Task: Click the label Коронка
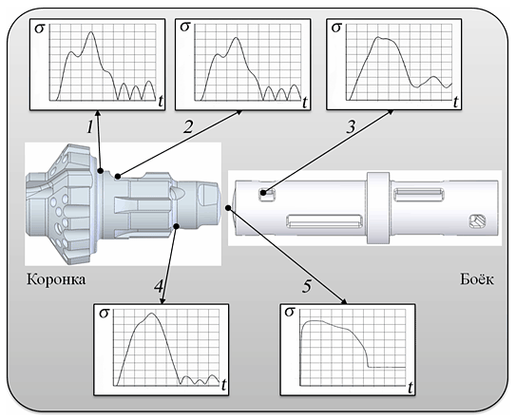pyautogui.click(x=56, y=279)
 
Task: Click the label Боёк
pyautogui.click(x=477, y=279)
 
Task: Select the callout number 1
pyautogui.click(x=90, y=126)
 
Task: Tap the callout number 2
pyautogui.click(x=188, y=126)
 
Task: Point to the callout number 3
pyautogui.click(x=352, y=126)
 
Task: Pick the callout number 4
pyautogui.click(x=159, y=286)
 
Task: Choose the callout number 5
pyautogui.click(x=307, y=286)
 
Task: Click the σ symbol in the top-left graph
pyautogui.click(x=40, y=29)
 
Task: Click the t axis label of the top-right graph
pyautogui.click(x=456, y=102)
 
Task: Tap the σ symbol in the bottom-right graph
pyautogui.click(x=289, y=312)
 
